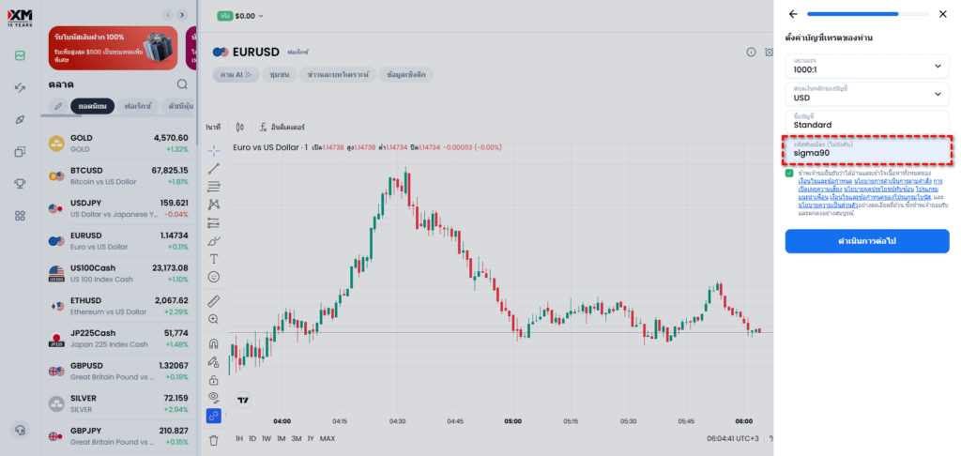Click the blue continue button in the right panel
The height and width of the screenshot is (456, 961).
(866, 241)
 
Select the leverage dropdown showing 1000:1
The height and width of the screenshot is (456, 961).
(866, 66)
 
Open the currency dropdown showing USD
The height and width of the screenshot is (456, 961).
(866, 94)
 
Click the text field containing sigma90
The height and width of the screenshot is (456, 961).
(866, 150)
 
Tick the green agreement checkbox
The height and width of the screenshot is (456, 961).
(790, 174)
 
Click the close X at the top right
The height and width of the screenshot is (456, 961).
(943, 14)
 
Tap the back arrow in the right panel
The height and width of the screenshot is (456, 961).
(793, 14)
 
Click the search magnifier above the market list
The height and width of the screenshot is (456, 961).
(182, 84)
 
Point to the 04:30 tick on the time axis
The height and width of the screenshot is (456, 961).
(398, 421)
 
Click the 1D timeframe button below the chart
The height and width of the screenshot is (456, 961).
(252, 438)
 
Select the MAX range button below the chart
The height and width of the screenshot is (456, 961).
(328, 438)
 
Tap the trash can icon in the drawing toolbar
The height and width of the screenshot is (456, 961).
(214, 439)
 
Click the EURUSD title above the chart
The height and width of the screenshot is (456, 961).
(259, 52)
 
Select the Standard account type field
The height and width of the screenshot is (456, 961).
(866, 121)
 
